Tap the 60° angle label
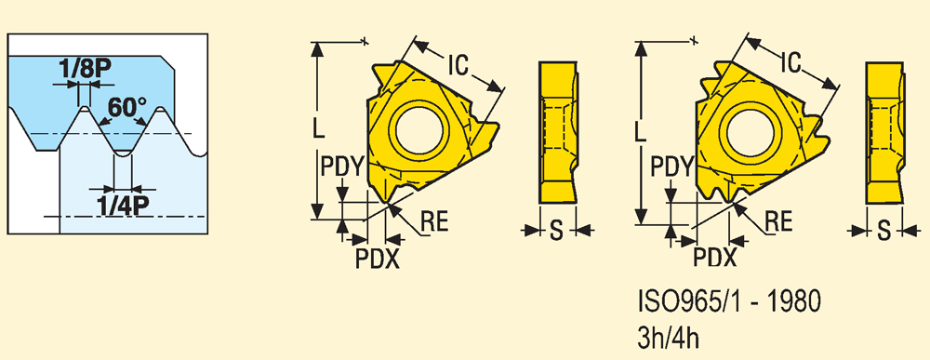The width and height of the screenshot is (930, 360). click(127, 108)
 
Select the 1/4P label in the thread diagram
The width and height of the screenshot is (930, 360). click(124, 206)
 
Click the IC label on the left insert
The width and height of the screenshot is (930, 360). click(458, 64)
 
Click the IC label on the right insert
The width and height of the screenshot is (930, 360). click(790, 61)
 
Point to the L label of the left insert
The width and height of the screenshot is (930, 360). click(319, 127)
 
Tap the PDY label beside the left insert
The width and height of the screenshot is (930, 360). click(341, 168)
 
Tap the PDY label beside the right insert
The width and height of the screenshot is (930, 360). click(671, 168)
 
